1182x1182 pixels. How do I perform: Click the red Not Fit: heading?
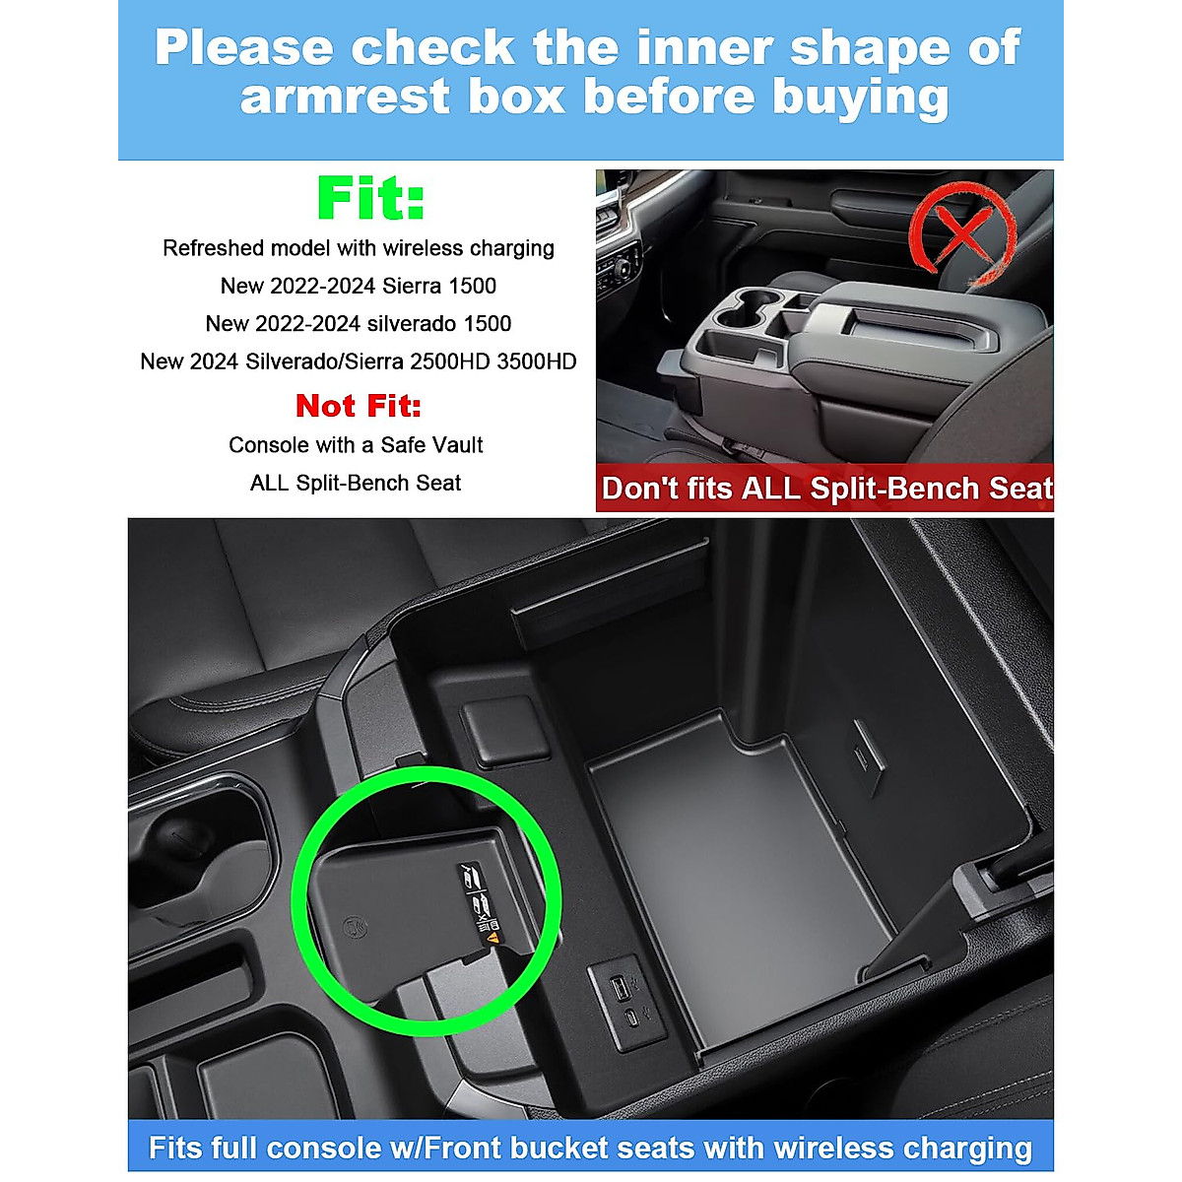pos(358,406)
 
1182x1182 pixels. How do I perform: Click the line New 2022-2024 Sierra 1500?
pos(358,286)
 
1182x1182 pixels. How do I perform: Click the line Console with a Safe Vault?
pos(356,445)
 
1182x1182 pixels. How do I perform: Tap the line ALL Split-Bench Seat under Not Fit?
pos(356,483)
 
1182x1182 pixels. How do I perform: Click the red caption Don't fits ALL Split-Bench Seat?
pos(825,489)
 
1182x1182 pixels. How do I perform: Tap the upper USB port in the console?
pos(616,986)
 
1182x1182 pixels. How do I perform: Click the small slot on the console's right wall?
pos(864,757)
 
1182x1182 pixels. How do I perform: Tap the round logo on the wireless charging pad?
pos(350,927)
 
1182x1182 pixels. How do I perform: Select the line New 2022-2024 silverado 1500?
pos(358,324)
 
